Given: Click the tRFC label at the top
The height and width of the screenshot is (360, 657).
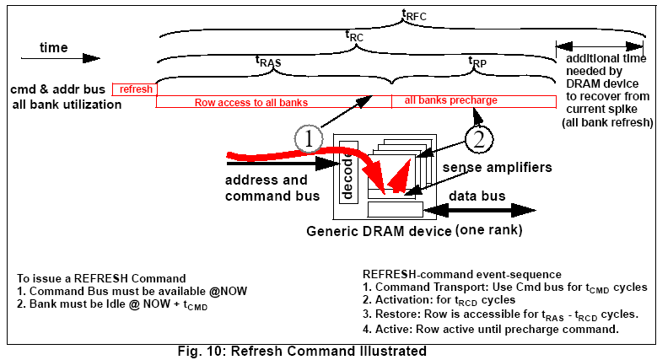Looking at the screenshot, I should coord(412,13).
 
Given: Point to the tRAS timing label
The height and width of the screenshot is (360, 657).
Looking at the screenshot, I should coord(269,61).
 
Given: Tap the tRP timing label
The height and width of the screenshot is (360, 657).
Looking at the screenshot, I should coord(477,61).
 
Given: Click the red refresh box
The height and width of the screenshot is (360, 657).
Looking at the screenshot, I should coord(134,89).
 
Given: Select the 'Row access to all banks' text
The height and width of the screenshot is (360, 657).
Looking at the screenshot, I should coord(250,102).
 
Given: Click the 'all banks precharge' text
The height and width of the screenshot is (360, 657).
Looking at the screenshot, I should coord(450,100).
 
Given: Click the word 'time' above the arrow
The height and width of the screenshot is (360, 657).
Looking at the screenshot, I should coord(55,48).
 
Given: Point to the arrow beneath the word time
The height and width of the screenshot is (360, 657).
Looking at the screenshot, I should coord(58,60).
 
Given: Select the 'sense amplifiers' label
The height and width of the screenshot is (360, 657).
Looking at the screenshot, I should coord(498,168).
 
